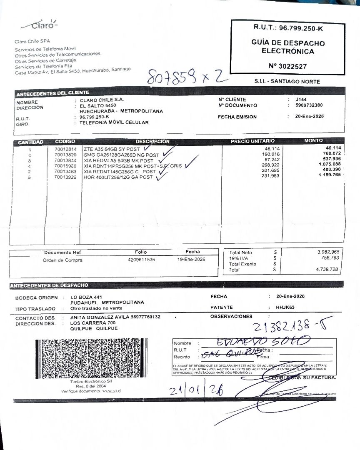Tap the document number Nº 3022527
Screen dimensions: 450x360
point(288,66)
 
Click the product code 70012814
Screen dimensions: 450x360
point(65,149)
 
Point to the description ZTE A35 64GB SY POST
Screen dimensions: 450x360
point(112,149)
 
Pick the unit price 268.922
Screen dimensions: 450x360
point(271,165)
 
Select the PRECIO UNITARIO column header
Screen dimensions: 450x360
point(252,141)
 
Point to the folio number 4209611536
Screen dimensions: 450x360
point(141,260)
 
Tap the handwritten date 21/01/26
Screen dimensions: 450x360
point(196,390)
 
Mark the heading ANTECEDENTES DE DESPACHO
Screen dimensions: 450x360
point(49,285)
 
